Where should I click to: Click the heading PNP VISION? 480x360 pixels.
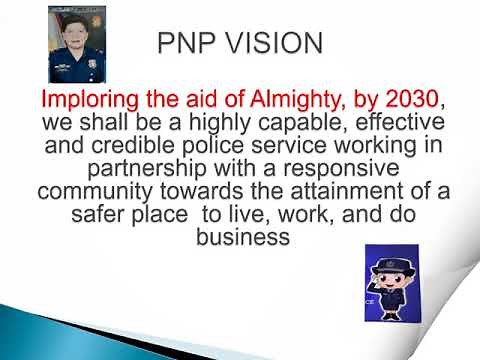(x=241, y=43)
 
